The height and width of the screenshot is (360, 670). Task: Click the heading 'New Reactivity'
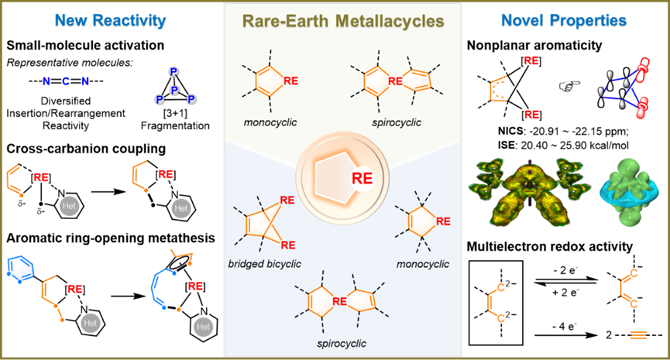[110, 20]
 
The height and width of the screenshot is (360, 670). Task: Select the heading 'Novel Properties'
[564, 20]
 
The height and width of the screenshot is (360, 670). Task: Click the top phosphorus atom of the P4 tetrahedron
[174, 72]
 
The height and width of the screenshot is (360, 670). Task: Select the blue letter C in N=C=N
[66, 81]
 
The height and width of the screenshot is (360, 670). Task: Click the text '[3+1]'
[175, 113]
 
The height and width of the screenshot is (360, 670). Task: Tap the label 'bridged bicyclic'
[264, 264]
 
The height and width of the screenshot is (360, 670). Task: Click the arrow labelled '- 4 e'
[566, 335]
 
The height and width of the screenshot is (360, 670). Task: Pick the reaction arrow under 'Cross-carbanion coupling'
[108, 191]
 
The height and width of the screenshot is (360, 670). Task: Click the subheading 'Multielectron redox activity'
[549, 246]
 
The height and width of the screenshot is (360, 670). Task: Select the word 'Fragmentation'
[175, 125]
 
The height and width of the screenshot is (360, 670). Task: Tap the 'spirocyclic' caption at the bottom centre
[342, 344]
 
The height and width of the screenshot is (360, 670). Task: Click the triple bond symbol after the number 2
[636, 335]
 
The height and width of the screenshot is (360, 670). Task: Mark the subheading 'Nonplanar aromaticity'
[534, 45]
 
